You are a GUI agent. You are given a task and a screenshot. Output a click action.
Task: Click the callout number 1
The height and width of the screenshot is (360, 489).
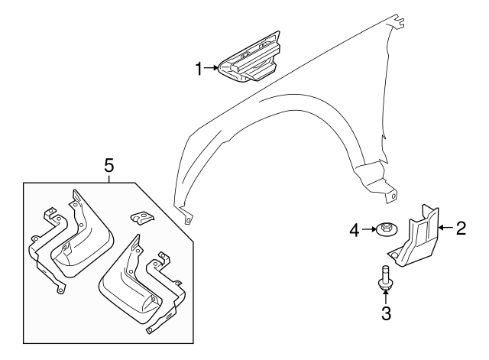point(199,69)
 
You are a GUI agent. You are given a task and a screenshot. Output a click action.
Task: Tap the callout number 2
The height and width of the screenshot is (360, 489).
point(461,228)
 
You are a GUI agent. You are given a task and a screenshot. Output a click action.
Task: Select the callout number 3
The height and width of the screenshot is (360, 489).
point(386,313)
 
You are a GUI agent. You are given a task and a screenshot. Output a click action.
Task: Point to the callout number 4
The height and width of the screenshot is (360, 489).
point(355,231)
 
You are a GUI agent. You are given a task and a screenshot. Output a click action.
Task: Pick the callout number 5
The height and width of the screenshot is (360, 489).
point(108,165)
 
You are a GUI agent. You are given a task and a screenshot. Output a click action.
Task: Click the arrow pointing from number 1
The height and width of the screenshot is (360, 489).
point(211,67)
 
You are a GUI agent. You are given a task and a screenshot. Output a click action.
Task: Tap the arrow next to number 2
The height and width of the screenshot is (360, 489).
point(446,228)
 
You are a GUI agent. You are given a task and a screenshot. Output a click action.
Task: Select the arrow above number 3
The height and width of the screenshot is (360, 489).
point(386,297)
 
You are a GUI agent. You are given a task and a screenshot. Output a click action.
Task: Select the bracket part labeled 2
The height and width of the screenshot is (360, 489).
point(413,237)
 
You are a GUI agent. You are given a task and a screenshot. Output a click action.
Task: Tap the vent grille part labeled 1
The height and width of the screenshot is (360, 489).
point(250,57)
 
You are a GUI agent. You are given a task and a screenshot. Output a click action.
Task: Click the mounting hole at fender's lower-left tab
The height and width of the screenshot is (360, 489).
point(188,220)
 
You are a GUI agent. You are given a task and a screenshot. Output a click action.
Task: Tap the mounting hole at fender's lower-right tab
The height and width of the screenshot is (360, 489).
point(393,196)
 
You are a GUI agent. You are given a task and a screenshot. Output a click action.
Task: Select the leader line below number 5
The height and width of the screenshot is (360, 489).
point(108,178)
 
